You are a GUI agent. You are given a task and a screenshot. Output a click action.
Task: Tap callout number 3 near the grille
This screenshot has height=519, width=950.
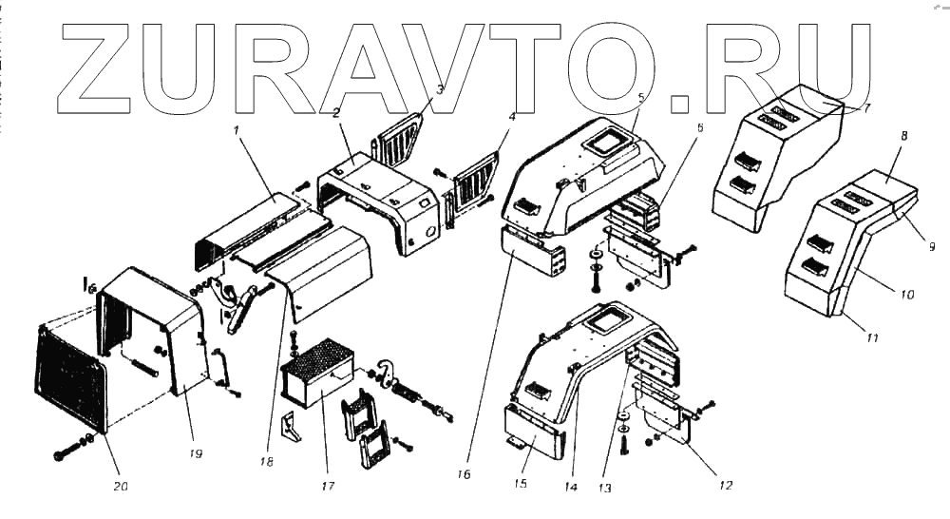point(440,90)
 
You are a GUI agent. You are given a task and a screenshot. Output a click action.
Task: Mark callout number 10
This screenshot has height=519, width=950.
point(907,295)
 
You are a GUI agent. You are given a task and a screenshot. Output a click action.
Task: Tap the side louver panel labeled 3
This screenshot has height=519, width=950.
point(400,138)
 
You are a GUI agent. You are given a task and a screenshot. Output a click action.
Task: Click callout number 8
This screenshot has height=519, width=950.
point(903,136)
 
